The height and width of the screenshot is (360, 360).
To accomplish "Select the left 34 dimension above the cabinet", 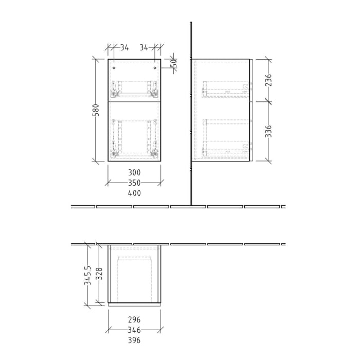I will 124,48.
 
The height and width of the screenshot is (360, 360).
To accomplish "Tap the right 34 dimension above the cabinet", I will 143,48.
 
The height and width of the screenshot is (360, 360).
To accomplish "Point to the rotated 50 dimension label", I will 174,63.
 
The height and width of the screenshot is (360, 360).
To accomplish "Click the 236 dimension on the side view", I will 268,80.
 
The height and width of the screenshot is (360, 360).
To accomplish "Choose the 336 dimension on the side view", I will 268,131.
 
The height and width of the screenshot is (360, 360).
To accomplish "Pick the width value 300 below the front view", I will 134,173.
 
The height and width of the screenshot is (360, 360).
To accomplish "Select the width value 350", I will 134,183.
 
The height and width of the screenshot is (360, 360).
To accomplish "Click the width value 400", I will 134,193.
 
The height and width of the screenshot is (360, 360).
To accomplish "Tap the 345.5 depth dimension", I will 88,275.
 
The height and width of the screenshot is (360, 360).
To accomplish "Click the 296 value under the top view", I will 134,320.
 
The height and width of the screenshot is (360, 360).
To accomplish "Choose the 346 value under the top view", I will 134,330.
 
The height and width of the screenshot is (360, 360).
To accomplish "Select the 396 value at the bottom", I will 134,340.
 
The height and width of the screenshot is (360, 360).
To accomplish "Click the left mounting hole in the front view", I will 114,68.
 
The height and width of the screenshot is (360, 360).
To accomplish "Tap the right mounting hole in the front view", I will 155,68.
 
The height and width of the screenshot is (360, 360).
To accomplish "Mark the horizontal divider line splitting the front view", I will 134,101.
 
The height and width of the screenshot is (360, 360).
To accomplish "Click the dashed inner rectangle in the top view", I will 135,278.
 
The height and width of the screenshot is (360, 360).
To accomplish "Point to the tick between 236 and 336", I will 268,101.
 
